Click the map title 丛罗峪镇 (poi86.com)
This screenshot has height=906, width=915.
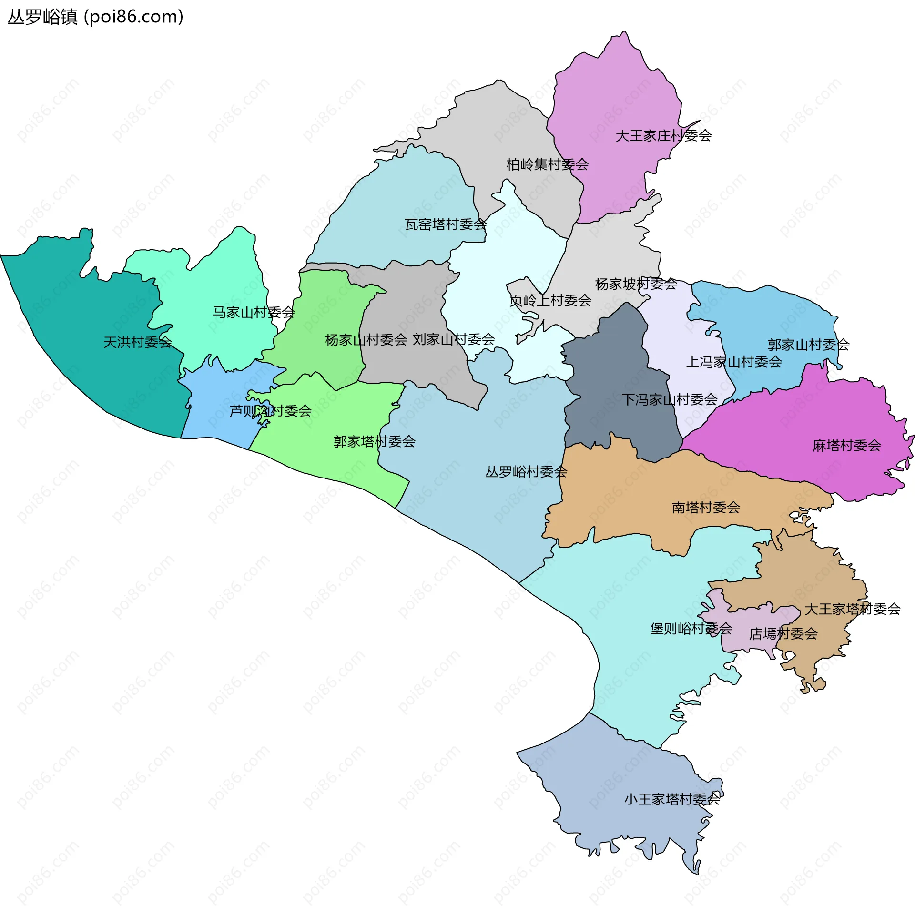click(x=95, y=17)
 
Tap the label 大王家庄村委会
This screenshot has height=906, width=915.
click(x=663, y=136)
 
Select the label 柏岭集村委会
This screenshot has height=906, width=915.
click(x=548, y=165)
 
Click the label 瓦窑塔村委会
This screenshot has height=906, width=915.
click(x=446, y=224)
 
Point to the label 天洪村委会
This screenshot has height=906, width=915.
click(x=137, y=342)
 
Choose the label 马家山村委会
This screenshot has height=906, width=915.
click(x=254, y=313)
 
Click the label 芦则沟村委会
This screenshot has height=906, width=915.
click(x=270, y=411)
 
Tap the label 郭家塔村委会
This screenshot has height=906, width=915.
click(x=374, y=442)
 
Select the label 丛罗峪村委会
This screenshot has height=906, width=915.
click(x=526, y=472)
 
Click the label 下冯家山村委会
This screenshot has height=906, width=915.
click(x=670, y=400)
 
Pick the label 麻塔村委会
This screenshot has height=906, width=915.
click(x=847, y=446)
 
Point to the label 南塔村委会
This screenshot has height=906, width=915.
click(x=706, y=508)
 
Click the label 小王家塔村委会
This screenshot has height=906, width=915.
click(x=672, y=799)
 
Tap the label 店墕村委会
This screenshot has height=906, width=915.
click(x=783, y=634)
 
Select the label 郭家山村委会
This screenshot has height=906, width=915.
click(x=809, y=345)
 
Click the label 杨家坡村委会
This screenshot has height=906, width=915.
click(x=636, y=284)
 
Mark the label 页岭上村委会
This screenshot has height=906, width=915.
click(x=550, y=301)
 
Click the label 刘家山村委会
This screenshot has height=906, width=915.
click(x=454, y=340)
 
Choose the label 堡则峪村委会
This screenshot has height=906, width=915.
click(x=691, y=629)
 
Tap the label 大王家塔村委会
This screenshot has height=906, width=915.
click(x=853, y=609)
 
